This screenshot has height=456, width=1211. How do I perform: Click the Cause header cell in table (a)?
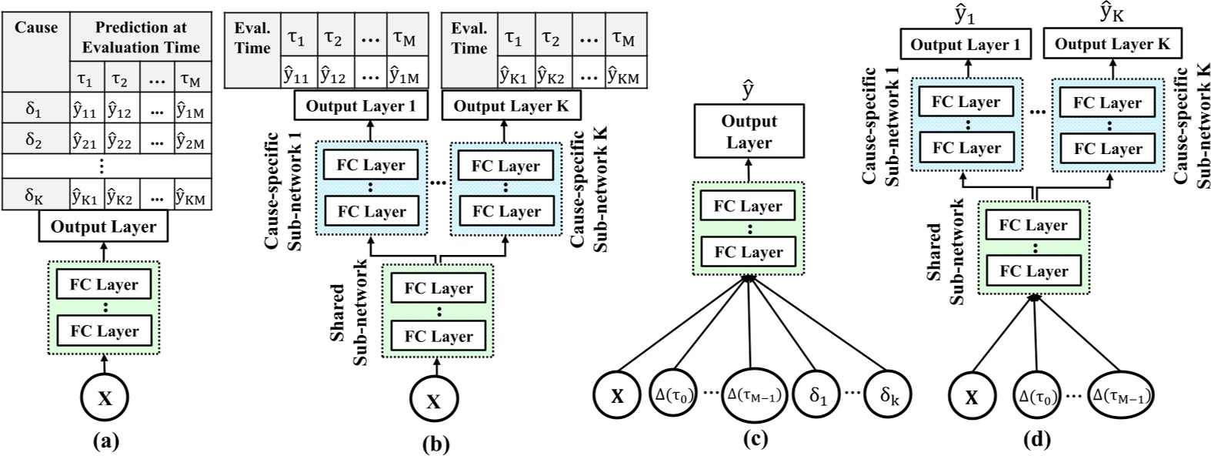(37, 28)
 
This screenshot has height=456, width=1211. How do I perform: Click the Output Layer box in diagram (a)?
(103, 227)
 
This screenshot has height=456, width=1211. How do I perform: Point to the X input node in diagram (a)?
(105, 398)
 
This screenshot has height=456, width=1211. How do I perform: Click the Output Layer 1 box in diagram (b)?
(361, 106)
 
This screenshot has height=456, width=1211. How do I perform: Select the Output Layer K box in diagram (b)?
(511, 106)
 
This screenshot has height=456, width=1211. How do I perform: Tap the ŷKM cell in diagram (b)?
(626, 74)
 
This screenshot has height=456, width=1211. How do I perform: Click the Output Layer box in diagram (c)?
(749, 132)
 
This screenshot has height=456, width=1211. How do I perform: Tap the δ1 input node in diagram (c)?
(819, 396)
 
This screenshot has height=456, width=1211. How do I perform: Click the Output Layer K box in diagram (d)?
(1112, 45)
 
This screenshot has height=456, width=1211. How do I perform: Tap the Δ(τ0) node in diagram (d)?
(1035, 397)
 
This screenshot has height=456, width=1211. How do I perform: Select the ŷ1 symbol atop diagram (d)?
(964, 13)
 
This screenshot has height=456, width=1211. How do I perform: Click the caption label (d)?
(1036, 440)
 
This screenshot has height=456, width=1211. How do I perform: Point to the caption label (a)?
(105, 441)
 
